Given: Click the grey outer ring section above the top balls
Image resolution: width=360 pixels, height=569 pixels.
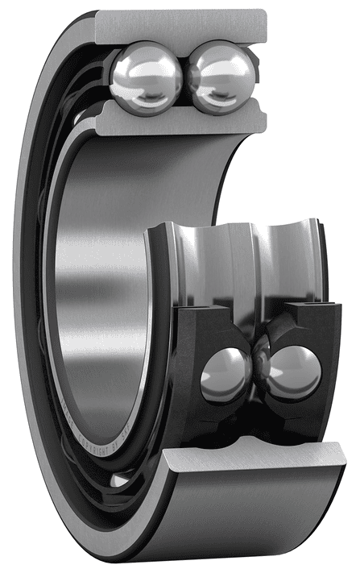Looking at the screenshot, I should pos(181,26).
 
